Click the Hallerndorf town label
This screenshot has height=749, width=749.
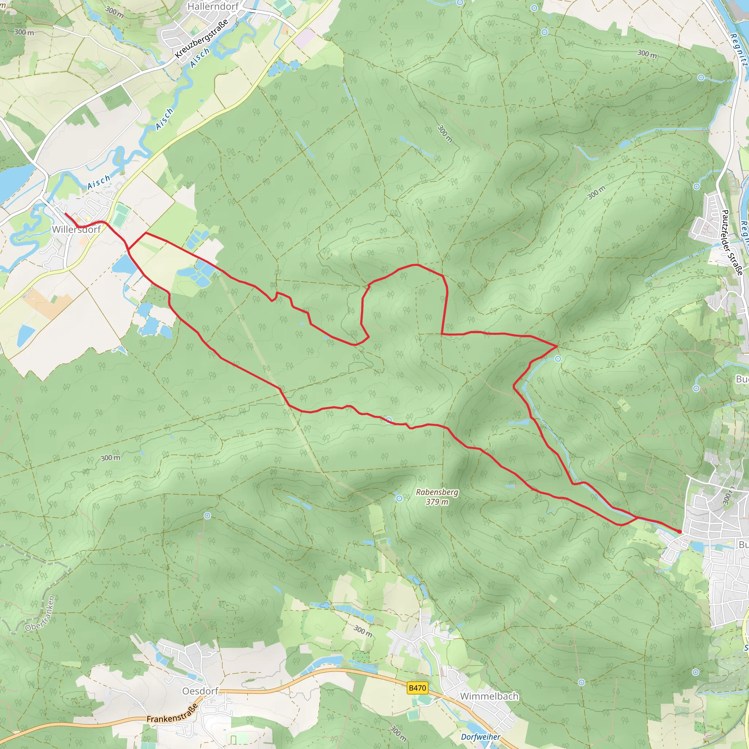213,7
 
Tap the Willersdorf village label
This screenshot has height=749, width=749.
76,230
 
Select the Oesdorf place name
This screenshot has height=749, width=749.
200,691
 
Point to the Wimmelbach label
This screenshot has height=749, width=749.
489,696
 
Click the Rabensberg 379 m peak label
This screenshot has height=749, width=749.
437,497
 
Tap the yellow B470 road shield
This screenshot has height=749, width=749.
417,688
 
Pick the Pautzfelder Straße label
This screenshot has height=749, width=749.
731,242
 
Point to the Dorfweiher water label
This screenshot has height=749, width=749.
480,737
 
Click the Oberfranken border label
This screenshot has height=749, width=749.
40,614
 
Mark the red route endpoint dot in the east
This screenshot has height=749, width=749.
679,531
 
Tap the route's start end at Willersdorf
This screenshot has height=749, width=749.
65,214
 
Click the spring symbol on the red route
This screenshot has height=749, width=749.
389,420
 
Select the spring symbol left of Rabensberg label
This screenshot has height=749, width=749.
399,498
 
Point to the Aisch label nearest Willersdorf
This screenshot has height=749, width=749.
99,182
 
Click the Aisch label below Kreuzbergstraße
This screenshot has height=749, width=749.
200,57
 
